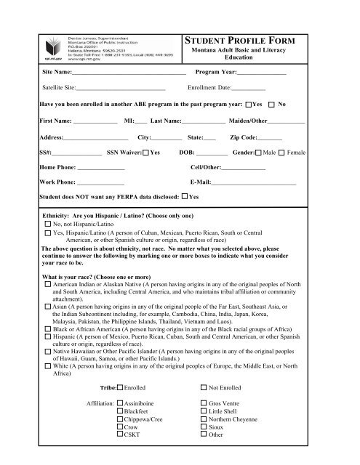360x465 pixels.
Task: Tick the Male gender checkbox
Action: tap(257, 153)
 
